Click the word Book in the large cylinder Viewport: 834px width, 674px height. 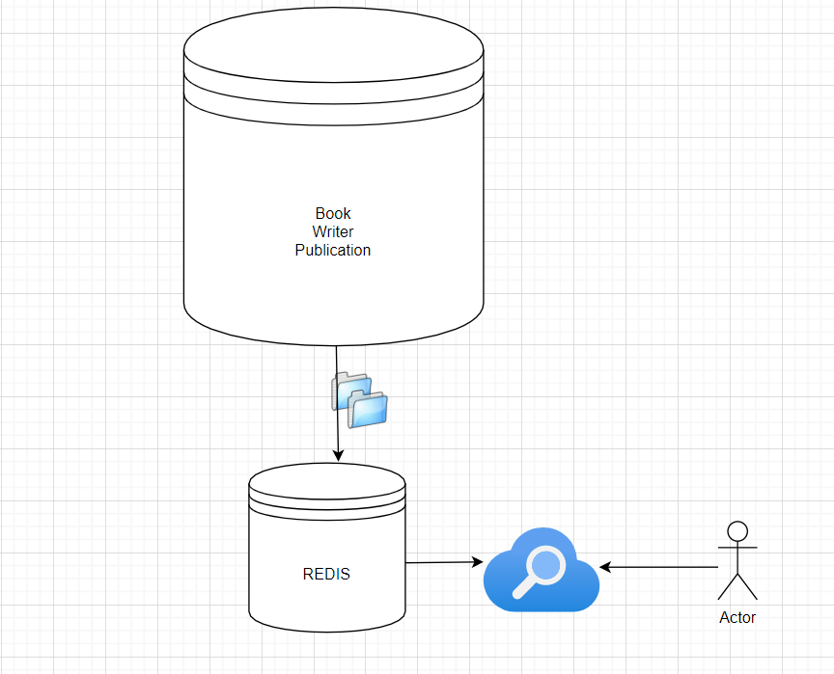click(333, 213)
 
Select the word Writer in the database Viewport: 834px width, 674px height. click(333, 231)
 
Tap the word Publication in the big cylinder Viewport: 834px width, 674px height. click(333, 250)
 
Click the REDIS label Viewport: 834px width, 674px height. click(326, 574)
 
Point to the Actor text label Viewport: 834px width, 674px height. click(737, 617)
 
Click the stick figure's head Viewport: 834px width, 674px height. click(737, 530)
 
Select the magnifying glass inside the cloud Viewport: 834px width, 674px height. click(544, 567)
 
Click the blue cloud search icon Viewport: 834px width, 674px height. click(541, 569)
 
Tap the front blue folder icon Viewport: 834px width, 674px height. click(368, 409)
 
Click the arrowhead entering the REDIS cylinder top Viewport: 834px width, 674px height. click(338, 457)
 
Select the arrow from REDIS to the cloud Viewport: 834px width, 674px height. click(442, 562)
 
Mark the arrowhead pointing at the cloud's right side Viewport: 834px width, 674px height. click(605, 567)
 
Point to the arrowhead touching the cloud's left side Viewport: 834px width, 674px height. click(477, 561)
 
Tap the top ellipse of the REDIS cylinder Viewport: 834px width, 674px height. click(326, 480)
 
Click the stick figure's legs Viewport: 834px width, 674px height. click(737, 586)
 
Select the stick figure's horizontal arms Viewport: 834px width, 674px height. click(737, 548)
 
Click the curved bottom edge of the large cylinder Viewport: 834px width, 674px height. click(333, 343)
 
